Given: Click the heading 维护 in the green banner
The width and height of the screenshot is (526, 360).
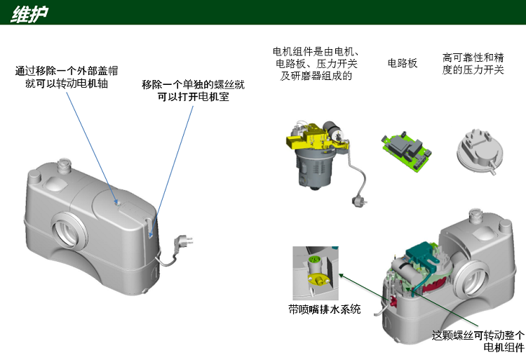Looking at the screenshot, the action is [29, 15].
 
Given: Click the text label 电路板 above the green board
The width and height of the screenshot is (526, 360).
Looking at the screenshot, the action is [403, 63].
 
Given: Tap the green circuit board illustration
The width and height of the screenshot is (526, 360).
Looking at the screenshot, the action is [406, 151].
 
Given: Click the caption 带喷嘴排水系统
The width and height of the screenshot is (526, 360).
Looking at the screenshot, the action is [325, 309].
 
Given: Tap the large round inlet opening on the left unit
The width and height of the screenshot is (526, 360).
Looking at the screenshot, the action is [69, 230].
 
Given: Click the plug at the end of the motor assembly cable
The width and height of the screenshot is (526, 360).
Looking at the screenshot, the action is [358, 201].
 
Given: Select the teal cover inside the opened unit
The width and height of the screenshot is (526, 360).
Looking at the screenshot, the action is [424, 255].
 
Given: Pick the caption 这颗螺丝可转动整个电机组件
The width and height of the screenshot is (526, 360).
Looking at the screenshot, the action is [478, 341].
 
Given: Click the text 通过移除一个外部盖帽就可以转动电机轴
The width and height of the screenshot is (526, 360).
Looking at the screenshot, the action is [67, 77].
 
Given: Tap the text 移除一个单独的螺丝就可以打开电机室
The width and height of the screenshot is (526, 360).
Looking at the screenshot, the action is [193, 91].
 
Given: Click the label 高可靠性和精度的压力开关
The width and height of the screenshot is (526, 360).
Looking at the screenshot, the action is [473, 64].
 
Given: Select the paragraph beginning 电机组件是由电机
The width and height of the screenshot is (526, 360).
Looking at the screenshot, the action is [316, 64].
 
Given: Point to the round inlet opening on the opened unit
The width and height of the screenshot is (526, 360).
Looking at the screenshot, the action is [471, 277].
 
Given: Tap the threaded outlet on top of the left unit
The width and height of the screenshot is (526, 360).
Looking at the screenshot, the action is [63, 165].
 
